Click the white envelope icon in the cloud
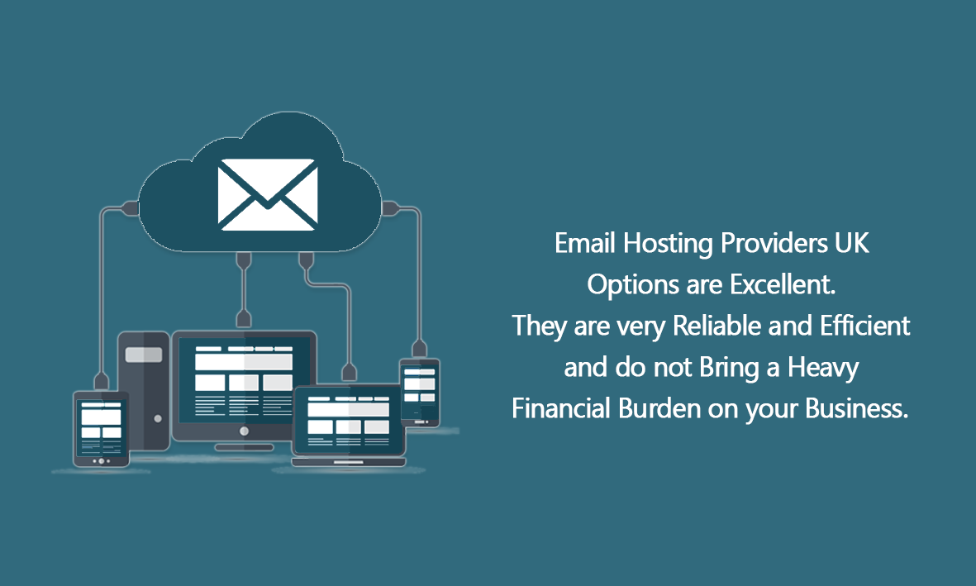pos(267,194)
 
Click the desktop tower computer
pos(143,388)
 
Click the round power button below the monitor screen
pos(244,431)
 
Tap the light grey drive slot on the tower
pos(144,355)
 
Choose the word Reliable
pos(719,326)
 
